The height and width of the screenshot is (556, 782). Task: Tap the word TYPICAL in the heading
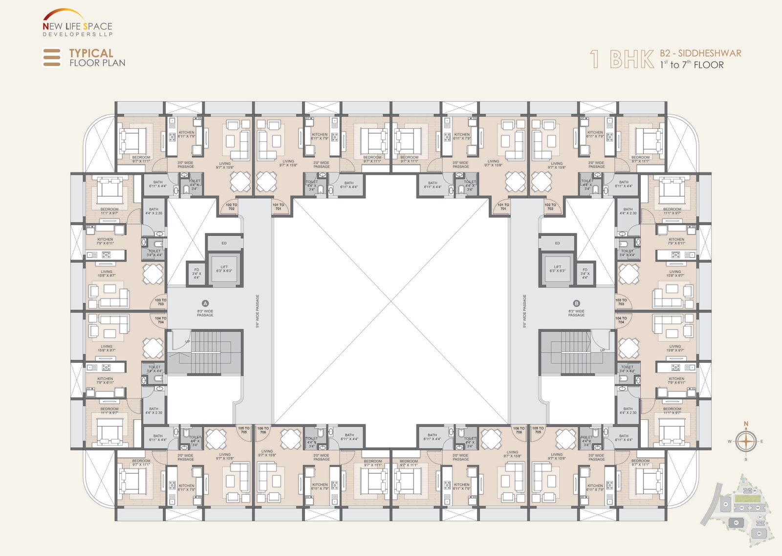91,53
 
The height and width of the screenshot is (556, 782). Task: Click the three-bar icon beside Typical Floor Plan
52,57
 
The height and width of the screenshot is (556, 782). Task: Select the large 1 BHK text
622,60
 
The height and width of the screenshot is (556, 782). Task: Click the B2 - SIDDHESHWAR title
700,53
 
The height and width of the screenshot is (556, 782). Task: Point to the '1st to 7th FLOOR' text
692,65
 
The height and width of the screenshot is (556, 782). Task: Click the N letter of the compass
746,424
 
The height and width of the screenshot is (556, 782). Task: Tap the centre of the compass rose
746,441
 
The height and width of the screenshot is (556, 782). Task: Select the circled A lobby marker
205,303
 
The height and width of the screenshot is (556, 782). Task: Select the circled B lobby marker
576,303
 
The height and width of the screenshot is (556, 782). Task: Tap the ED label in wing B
557,243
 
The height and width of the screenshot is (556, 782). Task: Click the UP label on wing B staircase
602,350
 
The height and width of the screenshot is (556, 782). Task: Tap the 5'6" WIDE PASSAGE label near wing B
524,311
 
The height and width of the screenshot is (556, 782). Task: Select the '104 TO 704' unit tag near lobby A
161,320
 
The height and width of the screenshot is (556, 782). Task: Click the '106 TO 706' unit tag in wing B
519,430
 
